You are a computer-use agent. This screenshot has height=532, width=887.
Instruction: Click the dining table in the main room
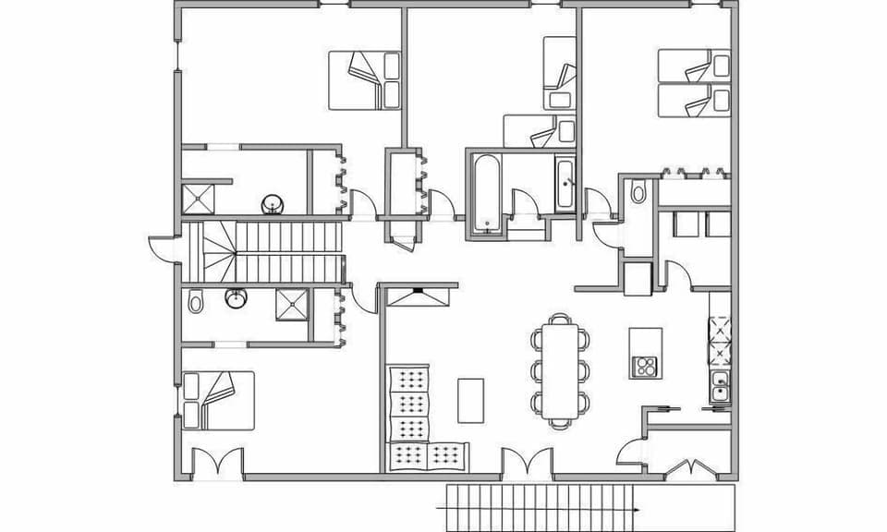click(x=559, y=369)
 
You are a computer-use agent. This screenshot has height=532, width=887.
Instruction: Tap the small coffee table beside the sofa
click(x=471, y=399)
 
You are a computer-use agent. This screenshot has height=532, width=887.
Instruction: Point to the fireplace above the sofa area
click(x=419, y=296)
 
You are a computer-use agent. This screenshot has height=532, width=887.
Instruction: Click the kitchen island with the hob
click(x=646, y=352)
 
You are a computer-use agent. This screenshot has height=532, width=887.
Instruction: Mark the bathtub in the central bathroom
click(x=485, y=193)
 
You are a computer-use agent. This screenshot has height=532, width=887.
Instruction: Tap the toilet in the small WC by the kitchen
click(x=637, y=192)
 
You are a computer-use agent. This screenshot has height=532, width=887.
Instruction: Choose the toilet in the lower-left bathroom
click(x=195, y=301)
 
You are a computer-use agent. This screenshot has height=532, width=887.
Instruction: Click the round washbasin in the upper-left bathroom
click(x=271, y=202)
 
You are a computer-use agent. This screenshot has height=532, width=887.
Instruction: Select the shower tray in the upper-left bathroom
click(x=198, y=199)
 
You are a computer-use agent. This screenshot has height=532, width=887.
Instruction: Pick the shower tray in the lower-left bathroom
click(x=292, y=303)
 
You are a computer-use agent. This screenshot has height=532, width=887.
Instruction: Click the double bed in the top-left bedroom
click(x=364, y=80)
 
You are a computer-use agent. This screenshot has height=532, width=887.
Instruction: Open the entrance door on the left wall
click(x=164, y=248)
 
